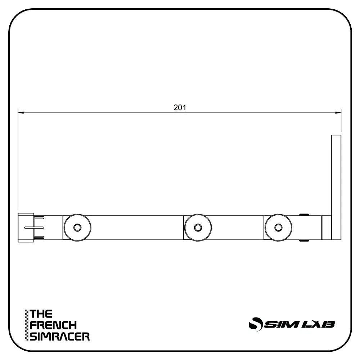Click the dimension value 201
click(x=179, y=107)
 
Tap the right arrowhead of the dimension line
click(x=338, y=113)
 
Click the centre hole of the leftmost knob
click(x=77, y=228)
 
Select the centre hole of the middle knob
click(x=198, y=228)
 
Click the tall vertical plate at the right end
click(x=336, y=187)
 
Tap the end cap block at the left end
click(x=25, y=228)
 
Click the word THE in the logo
click(x=41, y=314)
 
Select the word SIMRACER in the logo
click(x=60, y=337)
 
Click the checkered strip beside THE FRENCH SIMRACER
click(x=26, y=325)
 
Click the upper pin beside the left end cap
click(x=39, y=217)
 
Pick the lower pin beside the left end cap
click(x=39, y=237)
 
